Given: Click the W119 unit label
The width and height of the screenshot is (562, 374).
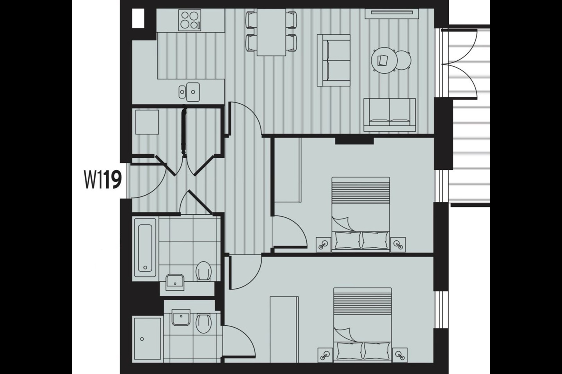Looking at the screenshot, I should pyautogui.click(x=103, y=180).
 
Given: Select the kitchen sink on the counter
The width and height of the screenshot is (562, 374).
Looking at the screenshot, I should pyautogui.click(x=189, y=92).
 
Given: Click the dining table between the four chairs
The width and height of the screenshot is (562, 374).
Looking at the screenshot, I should pyautogui.click(x=271, y=33).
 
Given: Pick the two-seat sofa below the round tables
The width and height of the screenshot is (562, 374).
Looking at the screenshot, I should pyautogui.click(x=389, y=115).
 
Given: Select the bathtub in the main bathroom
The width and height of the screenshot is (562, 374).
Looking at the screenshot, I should pyautogui.click(x=146, y=247).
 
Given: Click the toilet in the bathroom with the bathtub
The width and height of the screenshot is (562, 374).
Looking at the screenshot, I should pyautogui.click(x=203, y=271).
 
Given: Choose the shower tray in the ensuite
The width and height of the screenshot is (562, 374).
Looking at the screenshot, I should pyautogui.click(x=148, y=339).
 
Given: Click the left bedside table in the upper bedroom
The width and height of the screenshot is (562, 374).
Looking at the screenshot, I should pyautogui.click(x=323, y=244).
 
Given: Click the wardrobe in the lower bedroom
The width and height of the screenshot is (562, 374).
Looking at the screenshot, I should pyautogui.click(x=284, y=329).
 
